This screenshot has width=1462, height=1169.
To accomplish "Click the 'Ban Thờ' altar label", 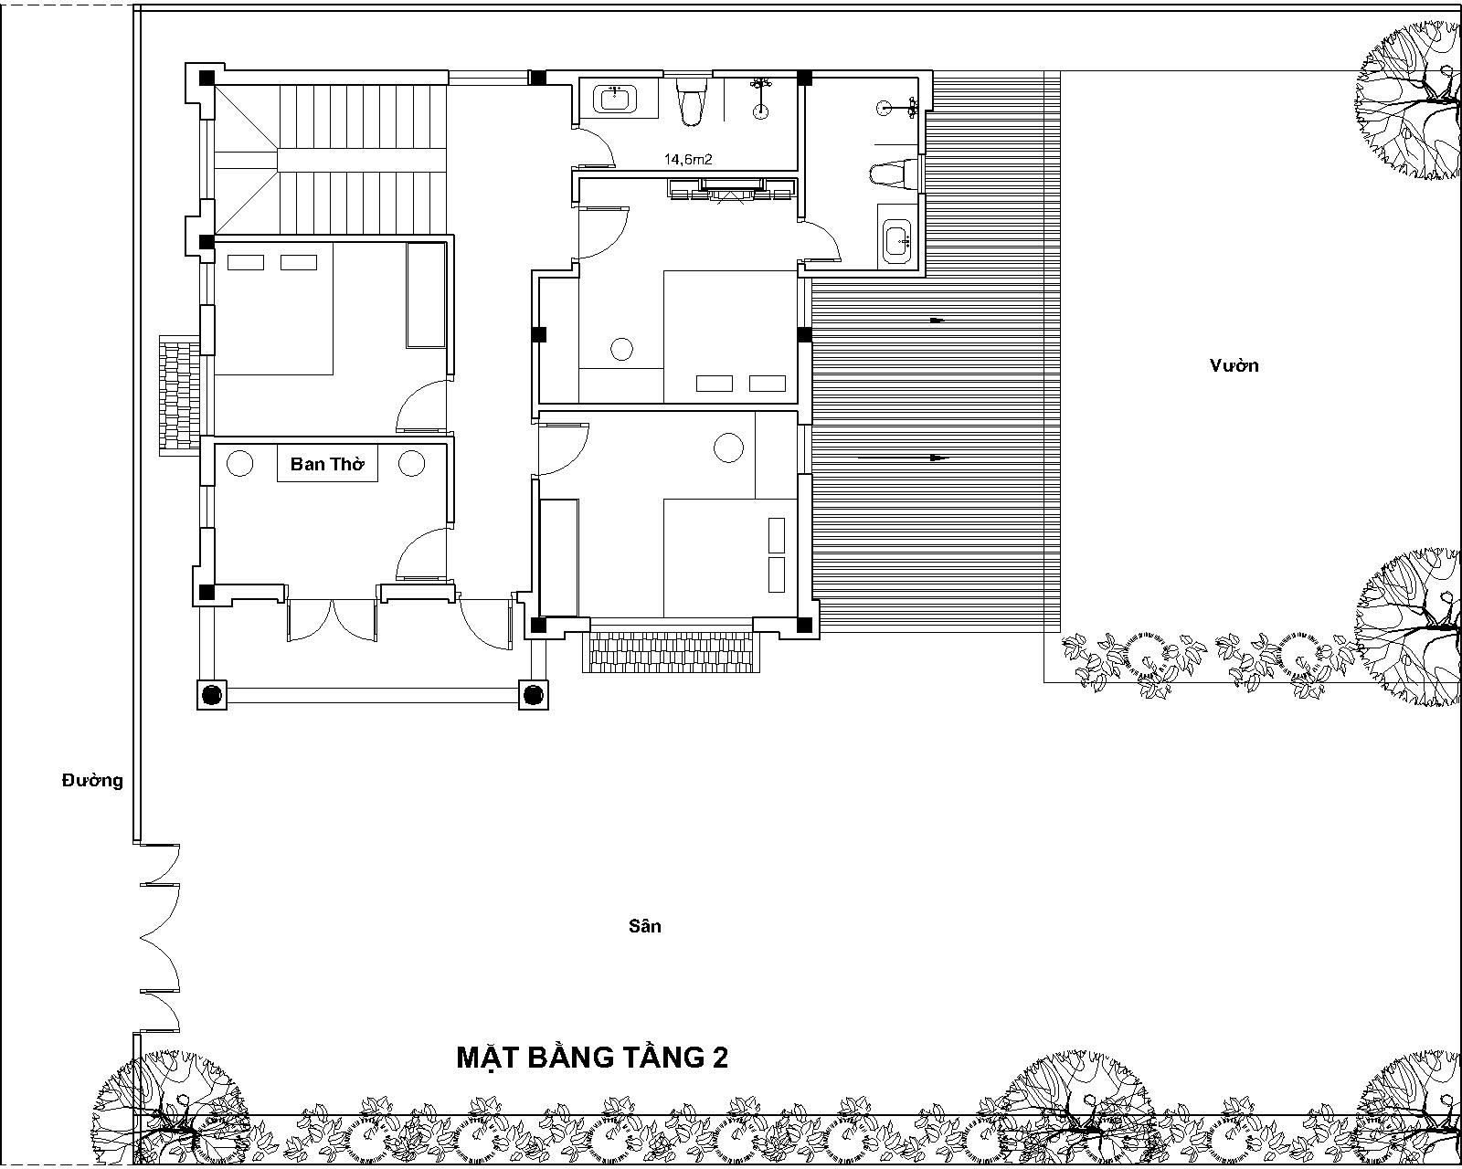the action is [327, 464].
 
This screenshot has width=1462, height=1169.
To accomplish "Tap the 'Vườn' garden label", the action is [1234, 365].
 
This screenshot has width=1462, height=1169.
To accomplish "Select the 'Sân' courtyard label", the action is [645, 926].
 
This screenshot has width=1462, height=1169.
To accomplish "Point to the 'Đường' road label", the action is [92, 781].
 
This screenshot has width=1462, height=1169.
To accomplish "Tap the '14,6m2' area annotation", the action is [687, 160].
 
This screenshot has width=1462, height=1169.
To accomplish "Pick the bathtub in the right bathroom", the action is [896, 237].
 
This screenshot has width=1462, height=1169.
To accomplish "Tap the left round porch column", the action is [212, 695].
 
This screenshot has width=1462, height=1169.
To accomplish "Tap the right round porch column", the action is [534, 695].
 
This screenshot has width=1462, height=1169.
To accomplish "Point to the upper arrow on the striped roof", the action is [937, 320].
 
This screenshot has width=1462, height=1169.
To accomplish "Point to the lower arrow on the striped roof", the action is [904, 458].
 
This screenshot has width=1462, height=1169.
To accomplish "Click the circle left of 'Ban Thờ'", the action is [239, 463].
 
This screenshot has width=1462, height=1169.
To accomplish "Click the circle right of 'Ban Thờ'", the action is [412, 463].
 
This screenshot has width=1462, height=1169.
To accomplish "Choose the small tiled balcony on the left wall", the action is [179, 395].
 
